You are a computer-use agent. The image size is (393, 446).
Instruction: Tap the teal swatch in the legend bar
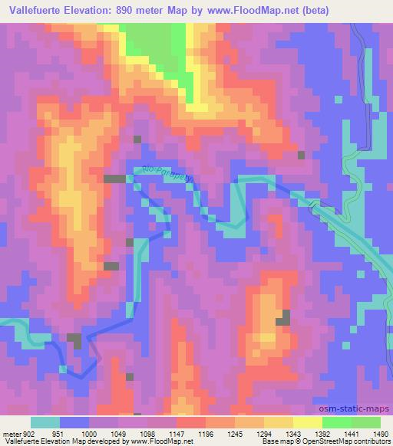pyautogui.click(x=45, y=422)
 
